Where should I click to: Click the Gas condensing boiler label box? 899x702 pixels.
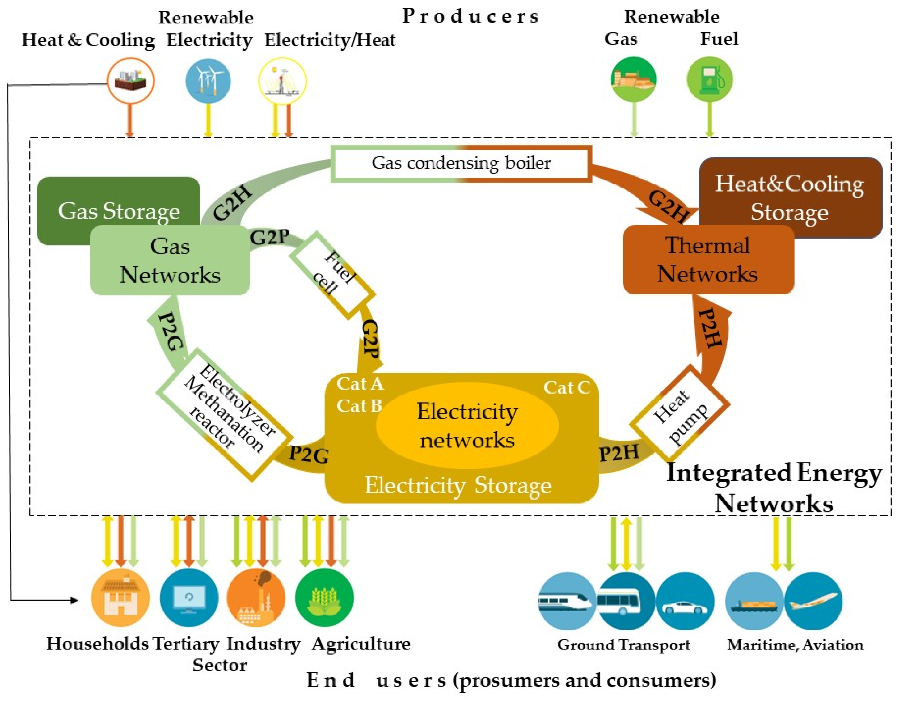(x=461, y=163)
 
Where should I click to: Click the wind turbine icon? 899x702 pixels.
(x=208, y=80)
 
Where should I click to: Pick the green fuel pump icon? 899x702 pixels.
(x=710, y=79)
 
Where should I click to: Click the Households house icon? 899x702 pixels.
(x=120, y=598)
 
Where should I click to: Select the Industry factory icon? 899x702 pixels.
(x=255, y=598)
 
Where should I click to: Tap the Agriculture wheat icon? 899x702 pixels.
(x=324, y=598)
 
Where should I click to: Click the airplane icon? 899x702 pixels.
(x=812, y=601)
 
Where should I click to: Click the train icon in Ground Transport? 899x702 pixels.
(x=567, y=601)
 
